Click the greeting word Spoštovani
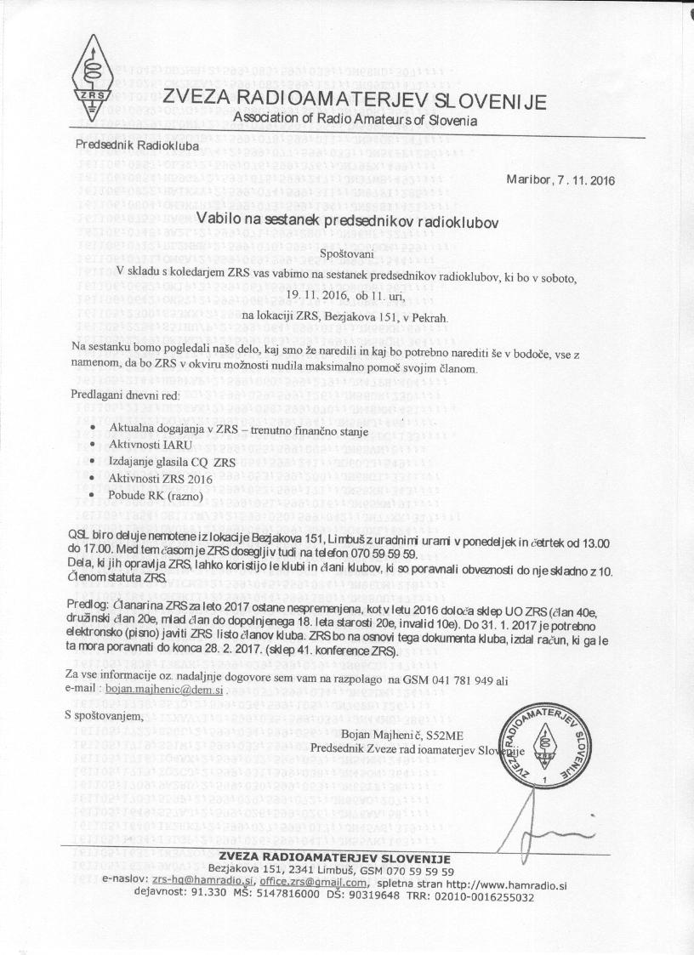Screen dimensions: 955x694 (352, 253)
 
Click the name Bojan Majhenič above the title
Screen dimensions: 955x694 (382, 735)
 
